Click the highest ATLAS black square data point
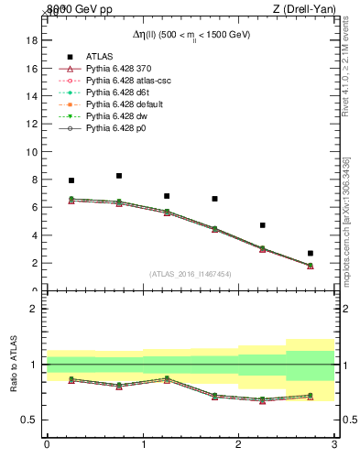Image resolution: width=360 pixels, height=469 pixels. (119, 176)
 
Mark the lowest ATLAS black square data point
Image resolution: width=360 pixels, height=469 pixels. (311, 253)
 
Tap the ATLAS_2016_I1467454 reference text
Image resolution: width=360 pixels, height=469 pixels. (190, 273)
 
